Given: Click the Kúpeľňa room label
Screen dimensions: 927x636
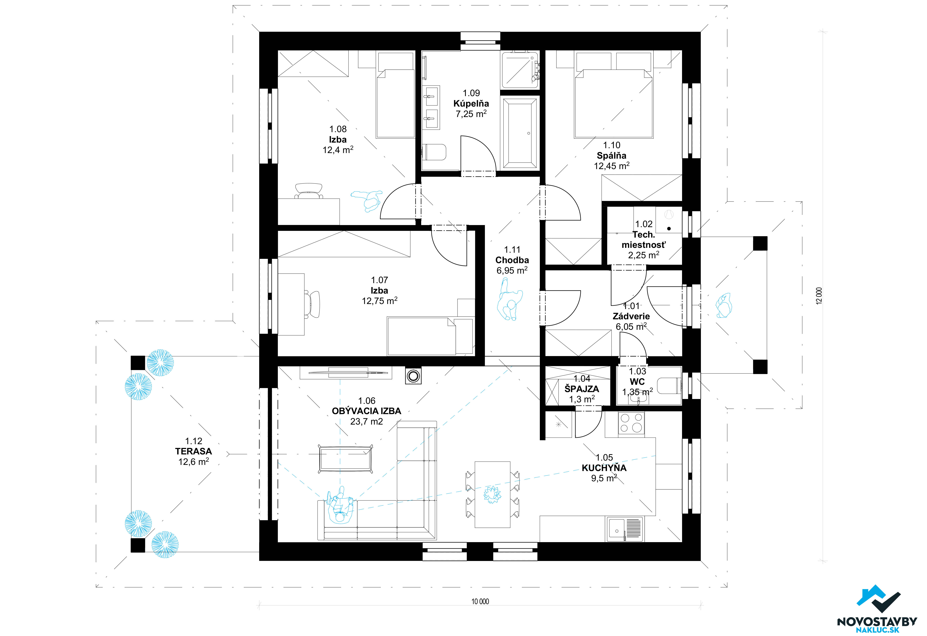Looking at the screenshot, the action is (471, 104).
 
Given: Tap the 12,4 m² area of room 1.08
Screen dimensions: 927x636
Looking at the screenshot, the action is (338, 150).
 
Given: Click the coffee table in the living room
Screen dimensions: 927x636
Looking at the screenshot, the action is (345, 459).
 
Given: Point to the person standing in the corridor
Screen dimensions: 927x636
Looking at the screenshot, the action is (509, 300).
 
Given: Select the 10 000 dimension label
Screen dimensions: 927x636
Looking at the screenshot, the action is (480, 601).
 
